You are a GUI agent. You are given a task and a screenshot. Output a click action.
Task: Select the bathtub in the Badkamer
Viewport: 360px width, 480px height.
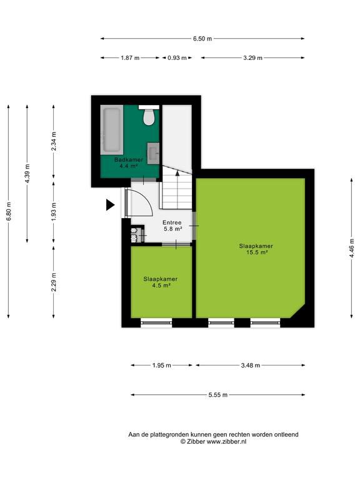click(x=112, y=130)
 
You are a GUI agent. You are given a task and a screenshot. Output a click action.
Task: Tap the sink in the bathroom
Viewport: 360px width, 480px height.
click(x=153, y=153)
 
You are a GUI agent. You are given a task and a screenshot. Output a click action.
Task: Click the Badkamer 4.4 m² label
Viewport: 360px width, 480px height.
click(x=129, y=163)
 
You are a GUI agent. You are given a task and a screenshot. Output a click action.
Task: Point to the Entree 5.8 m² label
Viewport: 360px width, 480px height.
click(x=172, y=226)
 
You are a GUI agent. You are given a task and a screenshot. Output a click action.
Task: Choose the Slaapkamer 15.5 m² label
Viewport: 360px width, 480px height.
click(x=256, y=249)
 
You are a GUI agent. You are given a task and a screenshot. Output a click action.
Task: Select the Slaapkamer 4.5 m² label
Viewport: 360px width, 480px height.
click(x=161, y=282)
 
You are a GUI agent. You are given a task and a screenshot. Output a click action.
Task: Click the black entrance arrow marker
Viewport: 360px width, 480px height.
click(x=110, y=205)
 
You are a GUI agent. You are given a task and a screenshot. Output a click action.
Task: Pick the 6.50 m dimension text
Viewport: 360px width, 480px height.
click(x=202, y=39)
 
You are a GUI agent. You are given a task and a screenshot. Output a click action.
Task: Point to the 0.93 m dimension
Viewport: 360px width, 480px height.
click(x=177, y=58)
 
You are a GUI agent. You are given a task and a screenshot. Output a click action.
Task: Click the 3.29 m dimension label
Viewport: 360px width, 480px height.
click(x=253, y=58)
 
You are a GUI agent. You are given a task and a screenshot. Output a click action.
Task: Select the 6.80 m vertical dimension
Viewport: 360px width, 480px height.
click(x=9, y=211)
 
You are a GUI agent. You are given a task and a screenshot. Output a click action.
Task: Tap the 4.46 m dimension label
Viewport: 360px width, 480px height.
click(x=351, y=248)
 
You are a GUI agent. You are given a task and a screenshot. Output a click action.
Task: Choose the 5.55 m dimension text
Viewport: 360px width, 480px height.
click(x=218, y=395)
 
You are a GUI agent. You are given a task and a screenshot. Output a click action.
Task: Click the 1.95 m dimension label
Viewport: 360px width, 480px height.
click(x=162, y=365)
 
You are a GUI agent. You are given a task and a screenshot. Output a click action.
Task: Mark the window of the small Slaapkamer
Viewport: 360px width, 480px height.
click(x=156, y=322)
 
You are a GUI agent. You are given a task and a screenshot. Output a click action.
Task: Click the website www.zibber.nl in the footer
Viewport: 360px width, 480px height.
click(x=226, y=441)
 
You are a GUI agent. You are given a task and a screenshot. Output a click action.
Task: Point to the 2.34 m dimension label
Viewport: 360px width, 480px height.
click(x=54, y=141)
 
